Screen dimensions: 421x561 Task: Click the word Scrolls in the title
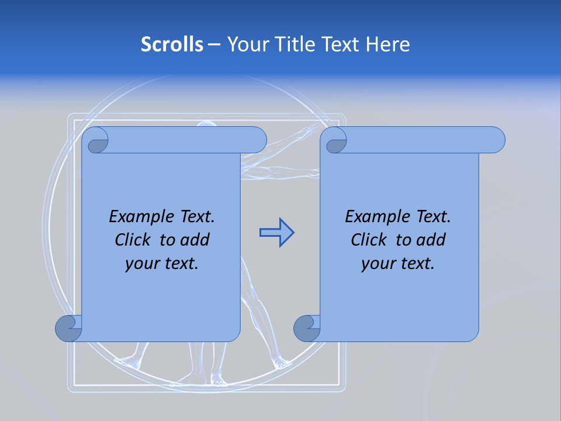pyautogui.click(x=172, y=44)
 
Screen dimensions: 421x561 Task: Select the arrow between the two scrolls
pyautogui.click(x=276, y=233)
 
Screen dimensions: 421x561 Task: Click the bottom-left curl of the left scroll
pyautogui.click(x=69, y=328)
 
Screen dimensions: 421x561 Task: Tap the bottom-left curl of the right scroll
pyautogui.click(x=307, y=328)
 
